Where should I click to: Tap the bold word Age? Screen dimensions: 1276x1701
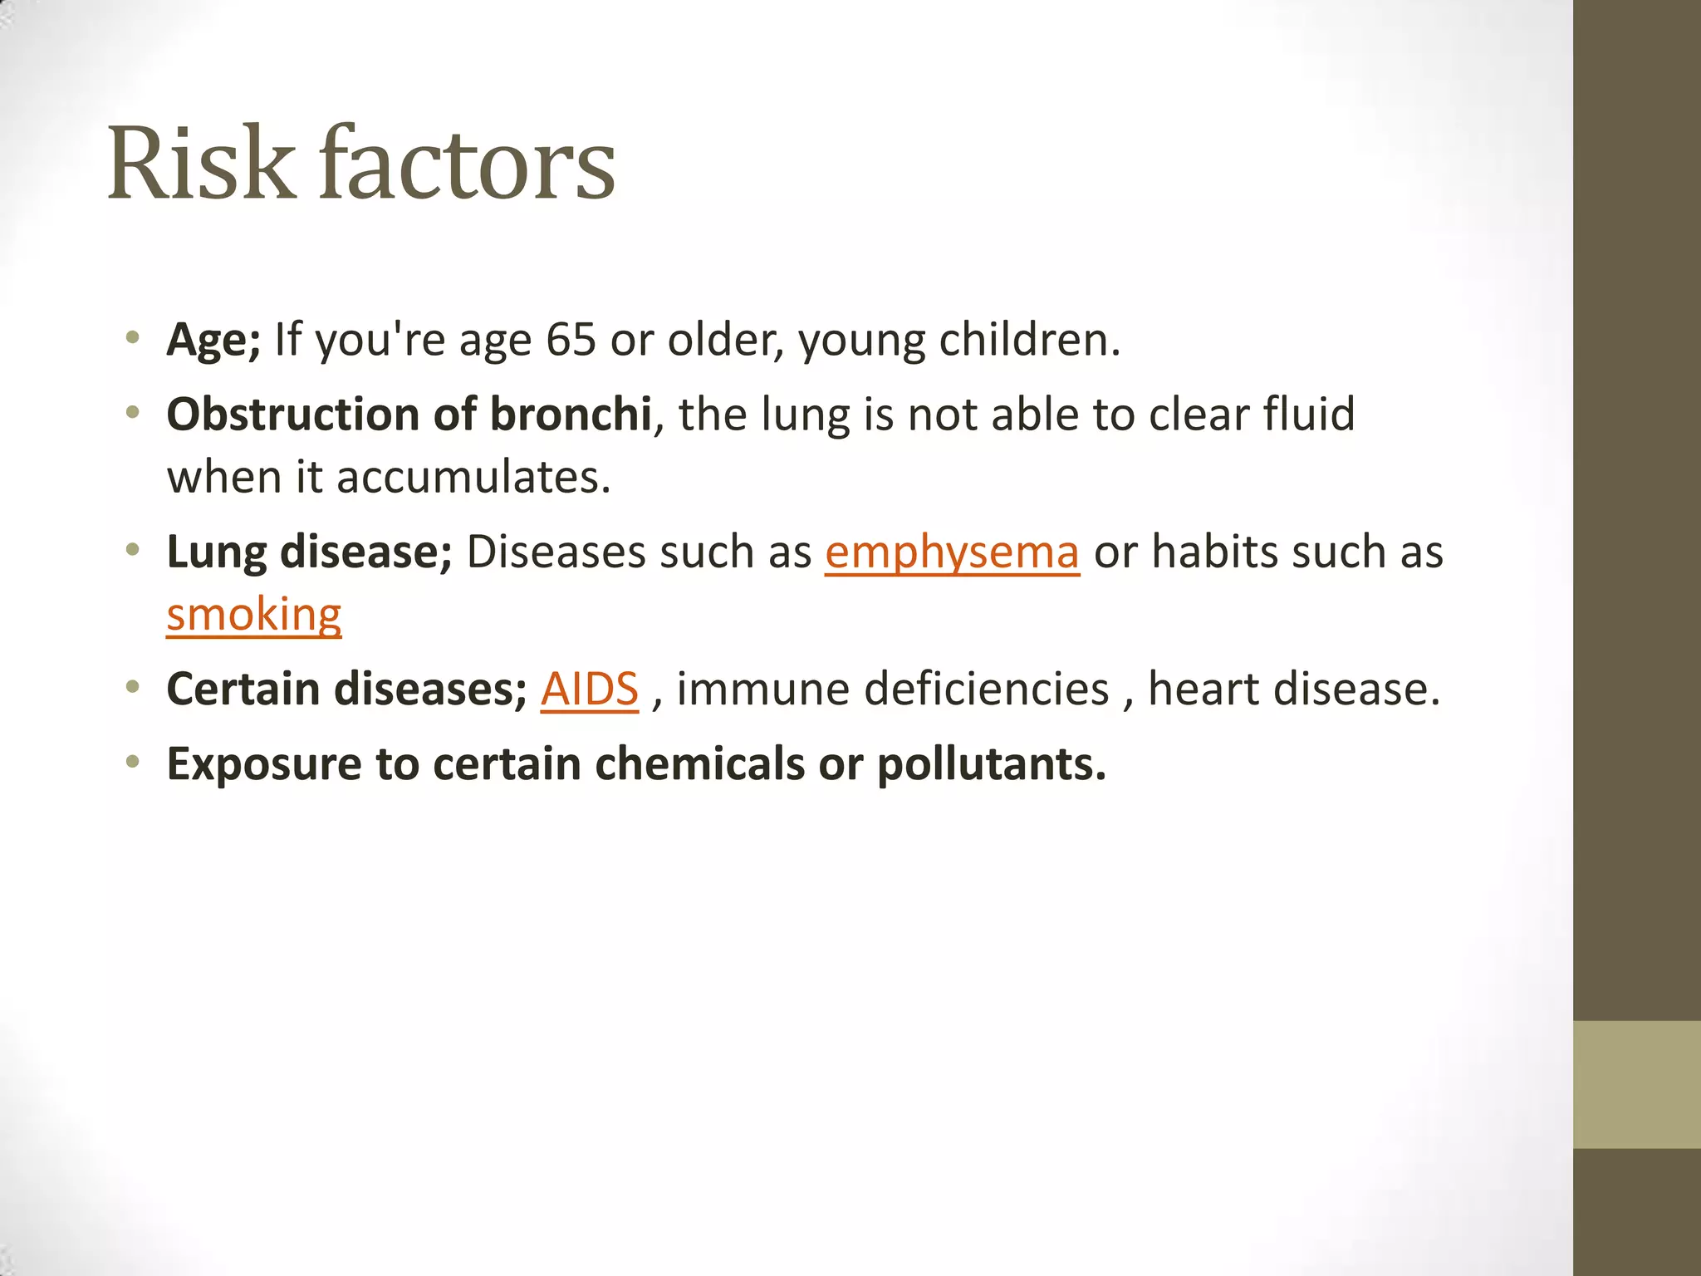coord(213,340)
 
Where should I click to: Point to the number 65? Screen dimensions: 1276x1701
coord(571,340)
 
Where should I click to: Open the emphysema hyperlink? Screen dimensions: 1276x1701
coord(952,552)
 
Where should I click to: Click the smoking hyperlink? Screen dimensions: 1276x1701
coord(253,616)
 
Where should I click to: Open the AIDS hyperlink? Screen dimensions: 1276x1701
coord(589,690)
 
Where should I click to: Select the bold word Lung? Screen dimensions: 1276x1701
coord(216,552)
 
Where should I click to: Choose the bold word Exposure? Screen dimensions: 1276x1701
coord(263,764)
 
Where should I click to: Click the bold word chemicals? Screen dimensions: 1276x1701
coord(699,764)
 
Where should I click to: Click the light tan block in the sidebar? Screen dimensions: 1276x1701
coord(1636,1084)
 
